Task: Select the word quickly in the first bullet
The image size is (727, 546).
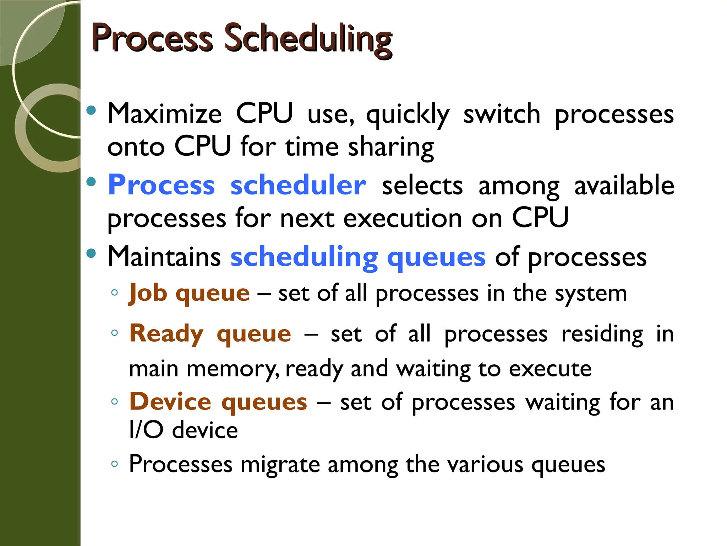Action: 408,114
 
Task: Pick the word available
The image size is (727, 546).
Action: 624,185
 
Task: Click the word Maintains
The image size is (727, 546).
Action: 164,256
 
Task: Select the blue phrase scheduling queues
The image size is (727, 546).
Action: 358,257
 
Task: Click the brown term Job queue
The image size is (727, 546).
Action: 189,293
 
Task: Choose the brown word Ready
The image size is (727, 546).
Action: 166,334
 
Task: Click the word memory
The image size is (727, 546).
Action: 233,369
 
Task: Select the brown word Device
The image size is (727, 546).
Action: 170,402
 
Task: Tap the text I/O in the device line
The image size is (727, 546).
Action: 146,430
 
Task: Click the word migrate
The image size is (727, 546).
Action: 280,464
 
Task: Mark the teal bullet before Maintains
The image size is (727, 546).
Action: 91,253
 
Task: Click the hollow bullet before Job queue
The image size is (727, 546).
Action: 114,293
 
